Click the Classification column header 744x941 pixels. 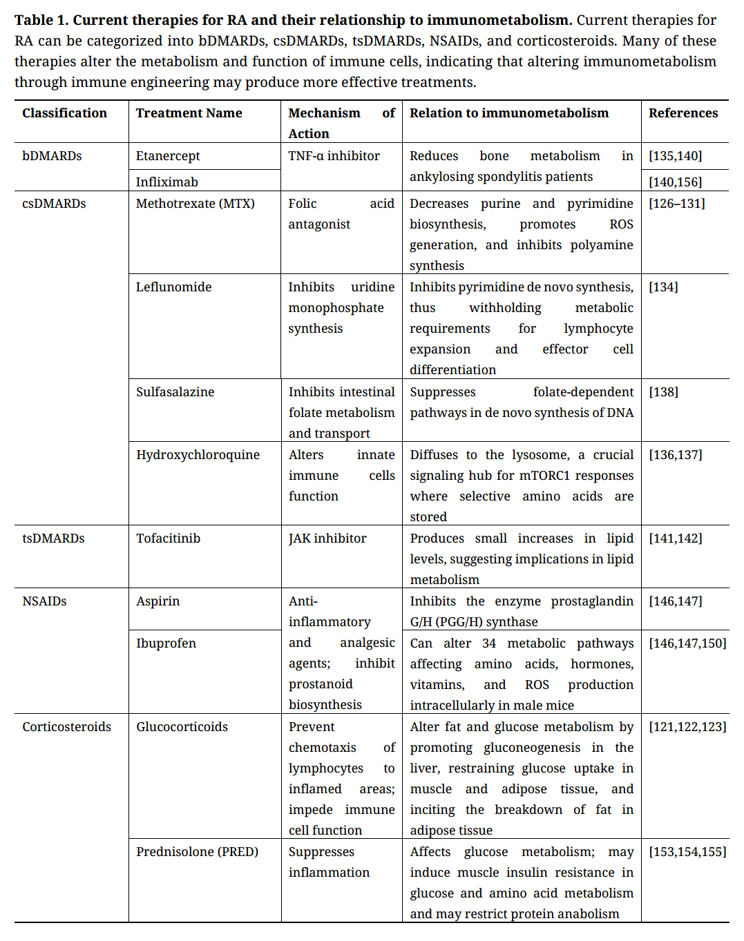(64, 113)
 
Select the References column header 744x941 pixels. (683, 113)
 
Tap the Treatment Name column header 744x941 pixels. (189, 113)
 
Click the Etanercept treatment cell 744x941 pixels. (168, 156)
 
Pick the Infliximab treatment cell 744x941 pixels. (166, 182)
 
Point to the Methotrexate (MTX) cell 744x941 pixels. (195, 204)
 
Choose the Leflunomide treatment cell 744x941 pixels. (173, 287)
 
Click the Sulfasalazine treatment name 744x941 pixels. (175, 392)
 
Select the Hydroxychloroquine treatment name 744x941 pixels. (198, 455)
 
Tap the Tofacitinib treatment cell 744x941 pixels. (168, 539)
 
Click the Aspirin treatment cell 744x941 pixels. (158, 601)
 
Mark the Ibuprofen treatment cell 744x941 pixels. (166, 643)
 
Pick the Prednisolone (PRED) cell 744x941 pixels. (197, 852)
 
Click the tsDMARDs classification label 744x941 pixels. (53, 539)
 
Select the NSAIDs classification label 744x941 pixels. (44, 601)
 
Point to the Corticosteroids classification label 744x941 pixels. (66, 727)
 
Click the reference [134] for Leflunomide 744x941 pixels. (663, 287)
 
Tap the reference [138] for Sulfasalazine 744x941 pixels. (663, 392)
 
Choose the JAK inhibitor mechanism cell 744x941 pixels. (327, 539)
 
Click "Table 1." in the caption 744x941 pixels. (41, 20)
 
